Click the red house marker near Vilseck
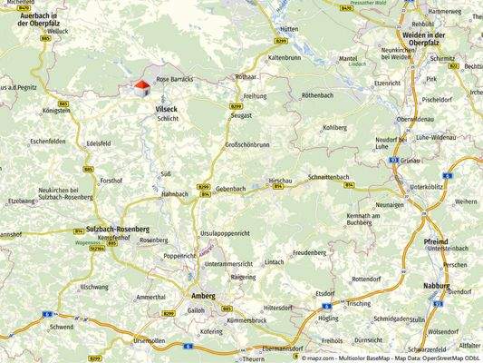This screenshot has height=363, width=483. point(140,86)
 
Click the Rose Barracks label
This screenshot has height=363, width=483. point(176,80)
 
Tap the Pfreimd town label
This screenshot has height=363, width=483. point(436,241)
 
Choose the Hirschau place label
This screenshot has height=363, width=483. point(281,181)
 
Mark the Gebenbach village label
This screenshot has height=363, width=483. point(232,189)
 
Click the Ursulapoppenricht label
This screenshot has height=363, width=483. point(236,221)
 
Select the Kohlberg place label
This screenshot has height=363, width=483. point(334,128)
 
